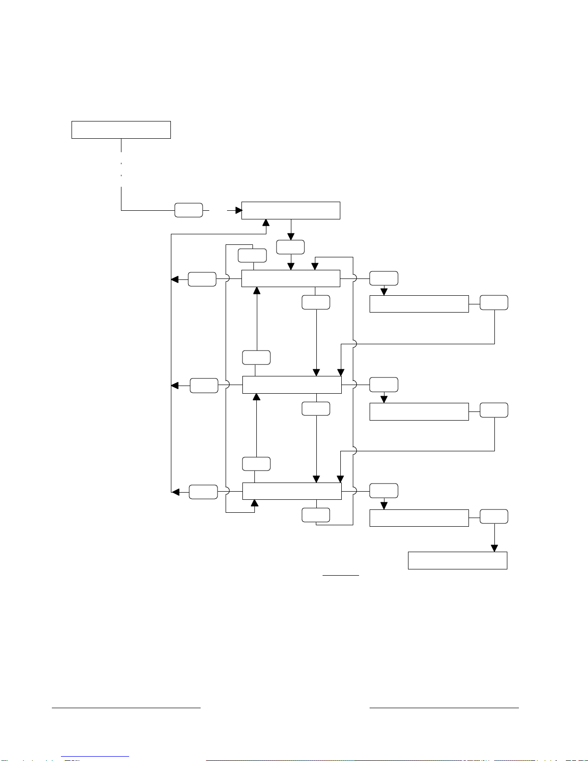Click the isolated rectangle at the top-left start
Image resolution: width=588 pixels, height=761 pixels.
121,130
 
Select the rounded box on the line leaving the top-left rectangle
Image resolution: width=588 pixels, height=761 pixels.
188,210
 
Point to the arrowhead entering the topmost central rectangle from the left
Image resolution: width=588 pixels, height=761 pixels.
238,210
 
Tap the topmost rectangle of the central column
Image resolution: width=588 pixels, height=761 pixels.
290,211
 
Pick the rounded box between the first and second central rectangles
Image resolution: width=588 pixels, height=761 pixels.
290,247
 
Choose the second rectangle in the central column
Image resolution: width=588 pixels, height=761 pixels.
290,278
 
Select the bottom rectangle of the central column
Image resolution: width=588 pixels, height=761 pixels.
292,491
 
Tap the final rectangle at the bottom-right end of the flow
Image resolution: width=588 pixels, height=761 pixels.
457,560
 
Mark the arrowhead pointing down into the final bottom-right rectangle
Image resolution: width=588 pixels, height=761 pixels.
494,549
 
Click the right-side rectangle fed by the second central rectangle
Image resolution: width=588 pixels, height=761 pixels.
419,304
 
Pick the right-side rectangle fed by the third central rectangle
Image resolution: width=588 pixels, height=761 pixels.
419,411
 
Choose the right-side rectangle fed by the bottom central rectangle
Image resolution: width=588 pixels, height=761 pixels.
419,518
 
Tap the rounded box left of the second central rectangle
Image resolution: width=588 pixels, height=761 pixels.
202,279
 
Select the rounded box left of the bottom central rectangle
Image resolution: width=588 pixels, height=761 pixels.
203,492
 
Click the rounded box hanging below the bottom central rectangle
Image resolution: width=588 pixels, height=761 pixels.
316,515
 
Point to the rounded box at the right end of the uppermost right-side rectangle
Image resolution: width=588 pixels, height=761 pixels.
494,302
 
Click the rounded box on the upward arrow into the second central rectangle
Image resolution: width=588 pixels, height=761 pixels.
256,358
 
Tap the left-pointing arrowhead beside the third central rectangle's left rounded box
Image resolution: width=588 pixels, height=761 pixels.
175,386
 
